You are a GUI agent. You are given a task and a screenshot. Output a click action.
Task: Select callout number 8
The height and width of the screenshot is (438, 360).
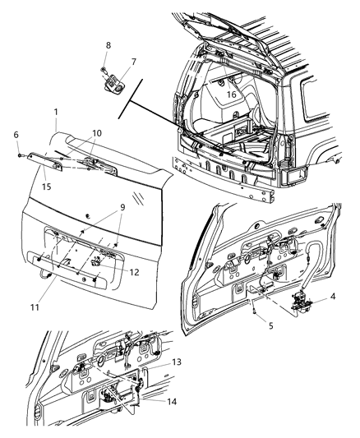(x=105, y=44)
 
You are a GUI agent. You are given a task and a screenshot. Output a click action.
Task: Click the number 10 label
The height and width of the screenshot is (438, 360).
(x=97, y=132)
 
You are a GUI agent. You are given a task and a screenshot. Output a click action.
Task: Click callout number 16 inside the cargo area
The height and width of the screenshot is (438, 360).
(x=233, y=95)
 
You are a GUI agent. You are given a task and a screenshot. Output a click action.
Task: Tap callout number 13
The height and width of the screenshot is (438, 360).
(x=155, y=362)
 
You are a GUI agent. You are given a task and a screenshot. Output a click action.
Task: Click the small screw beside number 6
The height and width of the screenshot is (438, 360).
(x=17, y=153)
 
